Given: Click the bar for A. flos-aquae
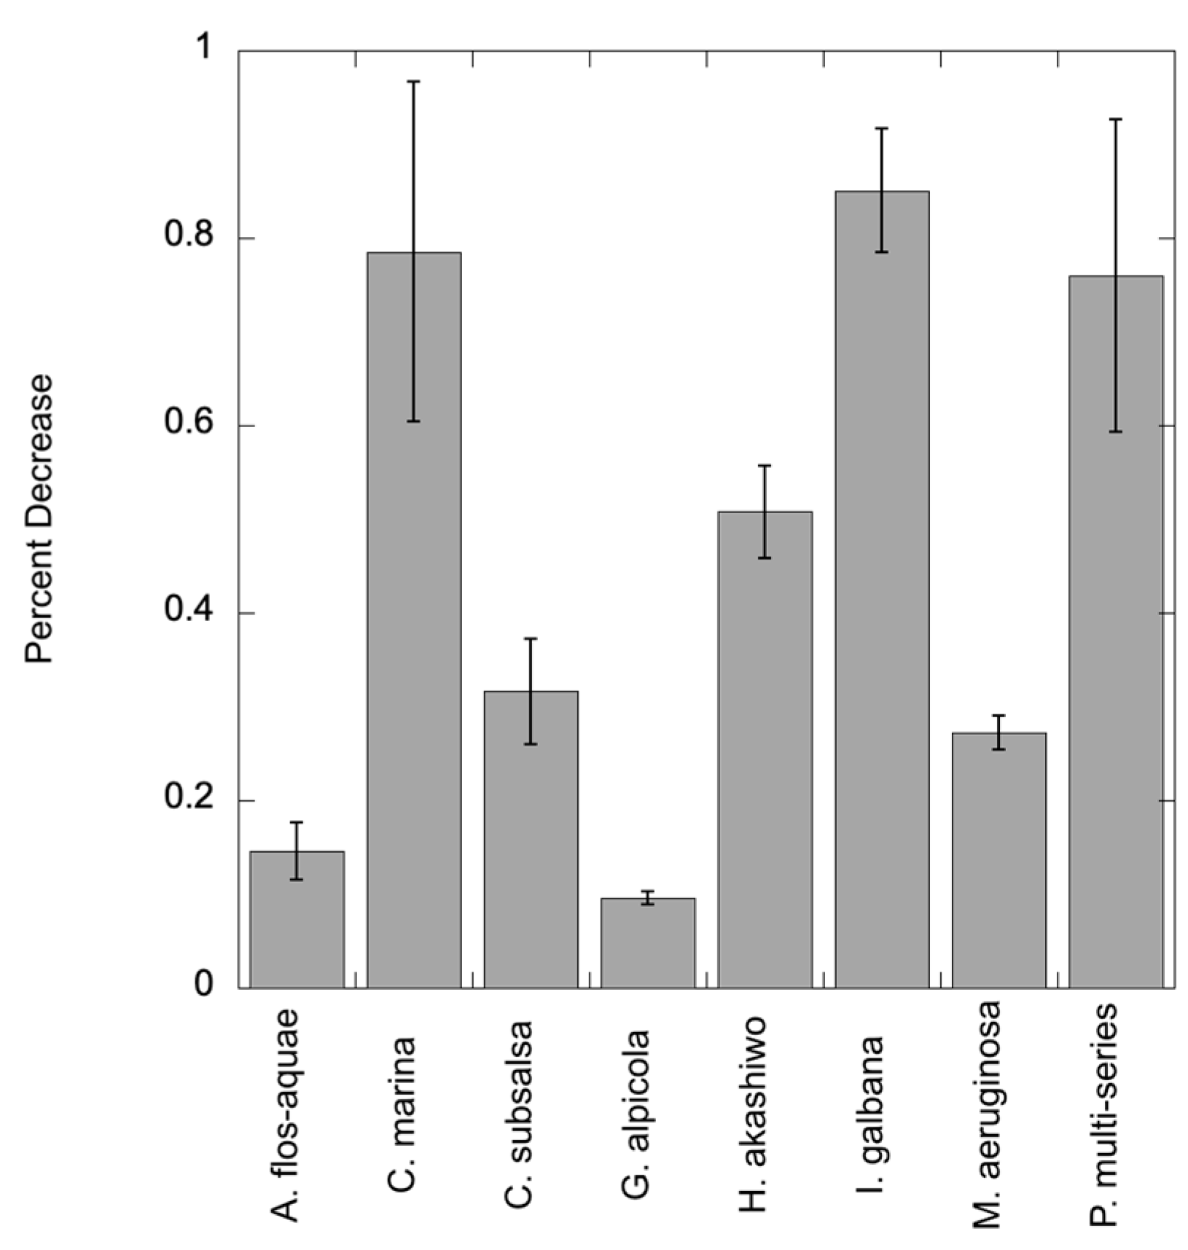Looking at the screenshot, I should tap(297, 920).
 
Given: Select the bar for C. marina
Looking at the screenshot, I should tap(414, 620).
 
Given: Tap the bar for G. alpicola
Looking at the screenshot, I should tap(648, 943).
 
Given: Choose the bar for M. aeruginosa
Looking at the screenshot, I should tap(999, 860).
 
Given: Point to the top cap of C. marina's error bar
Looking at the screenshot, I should tap(414, 82).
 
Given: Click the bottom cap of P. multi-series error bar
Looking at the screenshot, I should tap(1116, 432).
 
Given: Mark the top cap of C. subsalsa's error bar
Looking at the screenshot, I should tap(531, 638).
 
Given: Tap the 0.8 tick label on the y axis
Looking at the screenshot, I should tap(187, 238).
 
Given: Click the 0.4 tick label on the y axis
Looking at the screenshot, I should tap(187, 612).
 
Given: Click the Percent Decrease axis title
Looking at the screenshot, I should tap(39, 519).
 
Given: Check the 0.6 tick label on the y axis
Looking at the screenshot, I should tap(187, 425).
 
